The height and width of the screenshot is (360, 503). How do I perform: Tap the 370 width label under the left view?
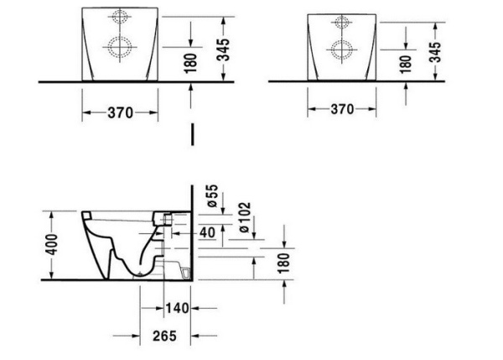pos(120,112)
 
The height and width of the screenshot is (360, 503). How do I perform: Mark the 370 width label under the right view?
pos(342,109)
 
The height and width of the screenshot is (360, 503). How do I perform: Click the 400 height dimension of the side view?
pos(50,244)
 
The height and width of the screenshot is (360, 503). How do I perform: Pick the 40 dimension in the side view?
pos(205,232)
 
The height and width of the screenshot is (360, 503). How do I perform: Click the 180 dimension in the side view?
pos(283,262)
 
